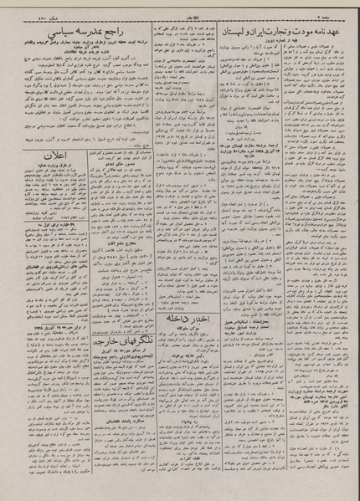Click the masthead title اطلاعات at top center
click(x=180, y=9)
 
